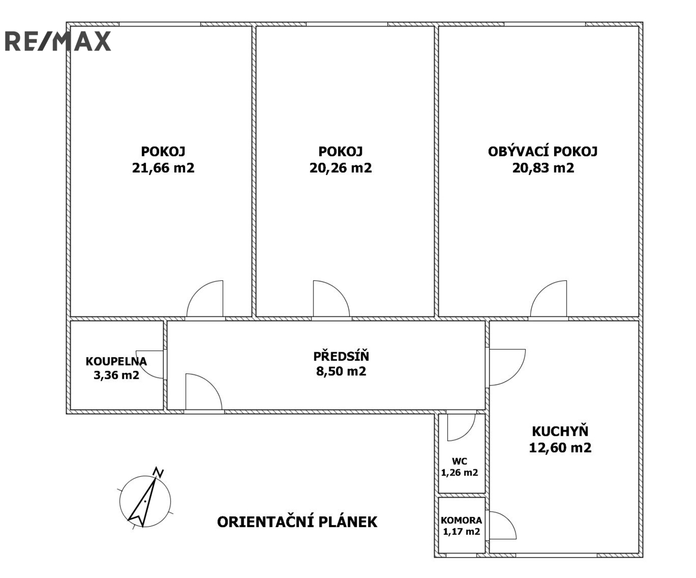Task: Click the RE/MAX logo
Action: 58,41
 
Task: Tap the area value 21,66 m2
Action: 163,168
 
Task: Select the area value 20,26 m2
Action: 340,168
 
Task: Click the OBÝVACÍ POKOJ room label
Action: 542,151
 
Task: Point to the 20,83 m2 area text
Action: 543,168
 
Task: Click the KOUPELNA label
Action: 116,361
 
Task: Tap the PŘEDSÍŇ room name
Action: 341,356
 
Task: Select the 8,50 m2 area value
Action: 341,371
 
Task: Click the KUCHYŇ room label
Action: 560,431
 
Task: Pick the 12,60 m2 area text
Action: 560,447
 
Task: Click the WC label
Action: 460,461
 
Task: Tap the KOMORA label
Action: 461,520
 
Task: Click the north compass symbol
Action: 146,501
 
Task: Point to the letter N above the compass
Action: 158,472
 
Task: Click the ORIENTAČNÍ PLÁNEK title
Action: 297,522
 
